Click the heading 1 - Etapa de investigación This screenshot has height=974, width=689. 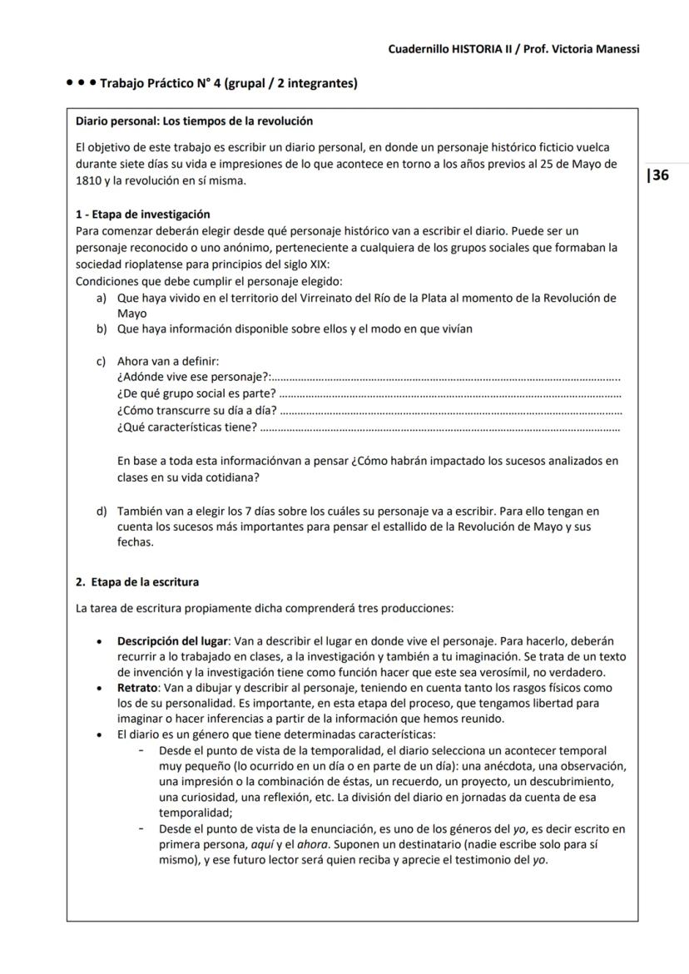pos(142,214)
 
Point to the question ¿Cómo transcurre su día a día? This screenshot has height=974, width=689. pos(197,410)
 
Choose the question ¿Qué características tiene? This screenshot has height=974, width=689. pos(187,427)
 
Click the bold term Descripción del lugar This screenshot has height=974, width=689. pos(173,641)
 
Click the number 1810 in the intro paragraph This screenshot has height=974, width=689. pos(88,180)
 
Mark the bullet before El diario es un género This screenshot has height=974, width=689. pos(100,735)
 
